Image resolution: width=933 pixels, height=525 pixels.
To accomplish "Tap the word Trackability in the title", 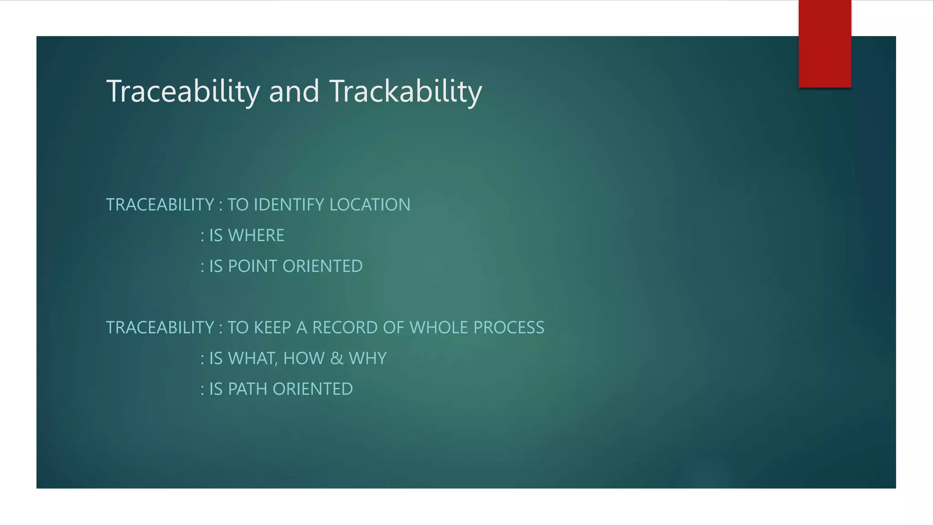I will click(x=405, y=92).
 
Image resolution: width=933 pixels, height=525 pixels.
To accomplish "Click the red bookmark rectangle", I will click(x=825, y=44).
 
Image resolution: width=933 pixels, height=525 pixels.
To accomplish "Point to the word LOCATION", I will click(x=369, y=205).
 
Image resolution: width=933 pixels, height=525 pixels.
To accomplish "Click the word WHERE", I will click(x=256, y=236).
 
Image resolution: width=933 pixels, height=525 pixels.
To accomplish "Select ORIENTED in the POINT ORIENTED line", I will click(x=323, y=266).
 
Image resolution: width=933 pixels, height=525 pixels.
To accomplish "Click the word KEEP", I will click(x=272, y=328).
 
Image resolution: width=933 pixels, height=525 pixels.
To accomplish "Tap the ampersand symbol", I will click(x=337, y=359).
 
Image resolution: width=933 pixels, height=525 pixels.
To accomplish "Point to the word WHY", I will click(x=368, y=359).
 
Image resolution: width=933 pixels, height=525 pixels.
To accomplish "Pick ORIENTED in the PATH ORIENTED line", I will click(x=313, y=389).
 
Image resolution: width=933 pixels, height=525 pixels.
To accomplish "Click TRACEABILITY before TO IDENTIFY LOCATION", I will click(x=160, y=205).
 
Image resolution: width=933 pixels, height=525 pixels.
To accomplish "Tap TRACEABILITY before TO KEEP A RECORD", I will click(x=160, y=328).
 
